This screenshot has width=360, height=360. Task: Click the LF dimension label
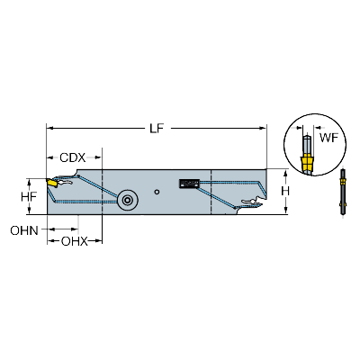click(157, 129)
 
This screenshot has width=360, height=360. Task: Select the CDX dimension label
click(73, 157)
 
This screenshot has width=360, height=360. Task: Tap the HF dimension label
click(29, 197)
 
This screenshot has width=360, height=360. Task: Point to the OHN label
click(24, 230)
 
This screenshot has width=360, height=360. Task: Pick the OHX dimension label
click(75, 241)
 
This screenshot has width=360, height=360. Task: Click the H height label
click(285, 191)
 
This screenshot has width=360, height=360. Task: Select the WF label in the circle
click(328, 138)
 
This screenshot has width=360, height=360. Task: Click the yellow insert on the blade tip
click(51, 183)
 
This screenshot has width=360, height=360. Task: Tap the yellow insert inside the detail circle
click(307, 164)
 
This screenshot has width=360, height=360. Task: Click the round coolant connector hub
click(128, 200)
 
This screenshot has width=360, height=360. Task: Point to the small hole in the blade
click(157, 192)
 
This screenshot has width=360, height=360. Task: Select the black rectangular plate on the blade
click(189, 184)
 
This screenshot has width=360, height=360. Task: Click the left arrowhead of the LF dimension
click(49, 129)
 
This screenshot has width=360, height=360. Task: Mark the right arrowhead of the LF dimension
click(263, 129)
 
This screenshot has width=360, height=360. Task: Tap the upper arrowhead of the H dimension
click(285, 173)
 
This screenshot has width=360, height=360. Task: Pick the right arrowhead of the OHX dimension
click(99, 240)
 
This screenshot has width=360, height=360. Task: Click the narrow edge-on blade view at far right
click(343, 192)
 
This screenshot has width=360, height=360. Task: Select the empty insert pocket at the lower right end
click(253, 202)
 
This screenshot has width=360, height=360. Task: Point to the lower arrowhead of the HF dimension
click(29, 211)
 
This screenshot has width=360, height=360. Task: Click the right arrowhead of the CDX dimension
click(98, 157)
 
